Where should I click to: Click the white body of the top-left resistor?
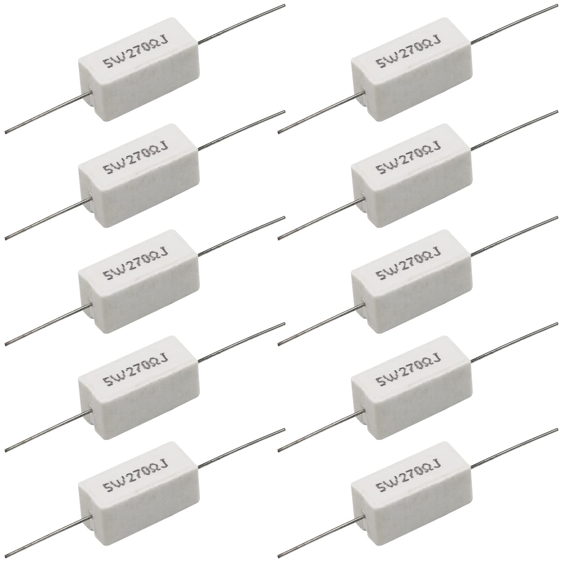pos(139,83)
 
